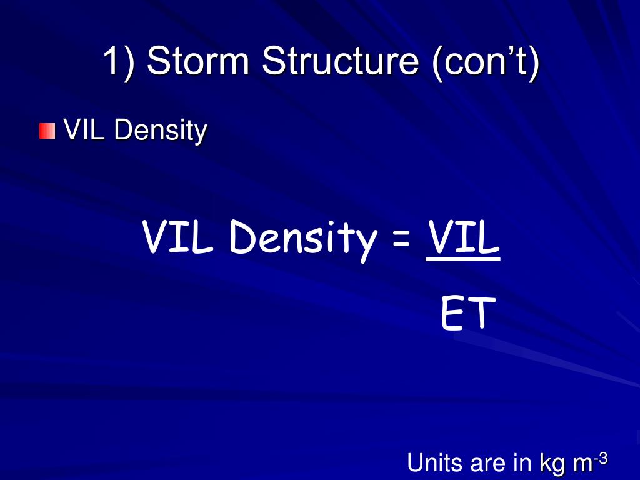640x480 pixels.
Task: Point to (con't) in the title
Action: [482, 62]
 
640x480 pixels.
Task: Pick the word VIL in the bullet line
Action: [85, 131]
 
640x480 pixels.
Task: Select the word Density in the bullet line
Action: [161, 131]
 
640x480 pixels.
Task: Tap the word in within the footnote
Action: [521, 463]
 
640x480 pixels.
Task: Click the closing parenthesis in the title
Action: [532, 62]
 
